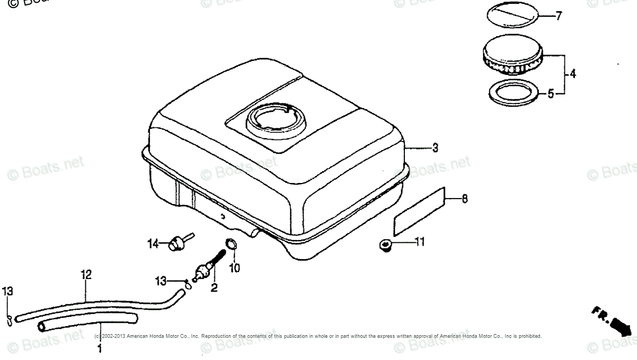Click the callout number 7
(558, 16)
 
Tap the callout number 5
(551, 94)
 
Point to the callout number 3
(435, 147)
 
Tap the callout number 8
(465, 199)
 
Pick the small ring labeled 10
(230, 244)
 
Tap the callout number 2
(214, 288)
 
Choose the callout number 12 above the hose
(86, 275)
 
